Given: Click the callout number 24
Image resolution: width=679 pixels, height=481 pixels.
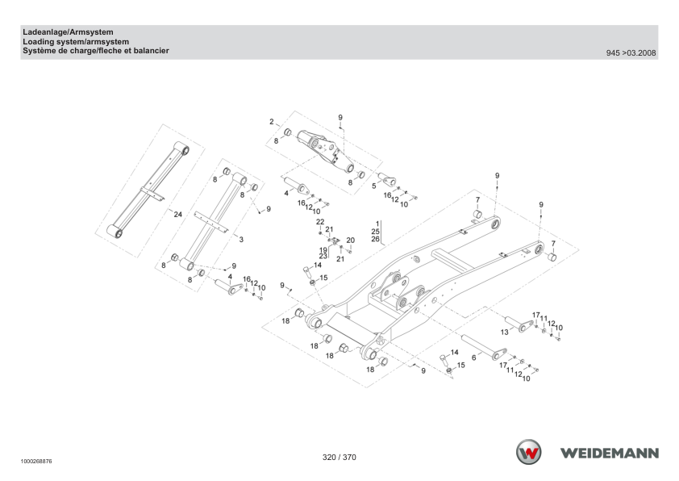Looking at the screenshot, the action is pyautogui.click(x=178, y=214).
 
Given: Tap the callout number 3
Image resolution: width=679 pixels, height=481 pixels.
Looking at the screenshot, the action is pyautogui.click(x=241, y=239).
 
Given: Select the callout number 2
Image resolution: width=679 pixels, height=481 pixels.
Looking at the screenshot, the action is pyautogui.click(x=272, y=121).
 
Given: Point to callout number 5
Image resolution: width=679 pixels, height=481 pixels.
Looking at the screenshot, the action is pyautogui.click(x=374, y=186).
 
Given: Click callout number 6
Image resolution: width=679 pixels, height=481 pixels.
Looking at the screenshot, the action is pyautogui.click(x=474, y=358).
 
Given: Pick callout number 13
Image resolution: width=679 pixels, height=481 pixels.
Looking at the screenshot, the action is pyautogui.click(x=505, y=332).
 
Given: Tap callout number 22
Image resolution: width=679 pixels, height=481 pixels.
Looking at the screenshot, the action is pyautogui.click(x=320, y=222).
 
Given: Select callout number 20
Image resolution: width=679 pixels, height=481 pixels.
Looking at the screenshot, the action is pyautogui.click(x=350, y=240).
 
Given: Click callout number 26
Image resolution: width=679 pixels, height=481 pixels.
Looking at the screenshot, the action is pyautogui.click(x=376, y=239).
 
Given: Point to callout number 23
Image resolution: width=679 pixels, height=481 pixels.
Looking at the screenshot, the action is pyautogui.click(x=323, y=256).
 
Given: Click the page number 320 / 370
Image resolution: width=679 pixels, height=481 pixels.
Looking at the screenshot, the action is pyautogui.click(x=339, y=457).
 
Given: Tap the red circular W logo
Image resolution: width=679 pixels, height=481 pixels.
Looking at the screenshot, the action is pyautogui.click(x=528, y=452).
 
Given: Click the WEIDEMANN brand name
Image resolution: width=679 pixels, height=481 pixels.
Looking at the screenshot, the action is pyautogui.click(x=610, y=454).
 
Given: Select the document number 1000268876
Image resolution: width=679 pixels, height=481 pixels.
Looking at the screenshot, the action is pyautogui.click(x=36, y=462).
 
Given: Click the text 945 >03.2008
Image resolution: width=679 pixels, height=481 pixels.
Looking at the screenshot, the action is pyautogui.click(x=631, y=53).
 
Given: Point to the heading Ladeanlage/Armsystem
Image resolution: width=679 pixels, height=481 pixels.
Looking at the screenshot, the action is pyautogui.click(x=68, y=32).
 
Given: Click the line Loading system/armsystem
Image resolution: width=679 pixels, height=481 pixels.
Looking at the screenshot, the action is pyautogui.click(x=76, y=42).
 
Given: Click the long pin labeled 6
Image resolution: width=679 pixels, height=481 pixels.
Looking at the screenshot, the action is pyautogui.click(x=484, y=347).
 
